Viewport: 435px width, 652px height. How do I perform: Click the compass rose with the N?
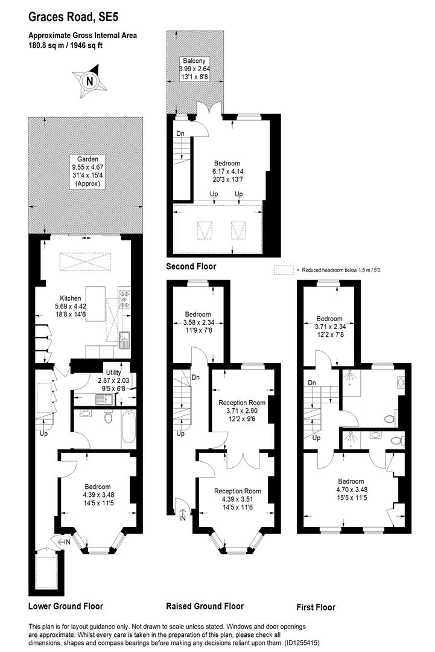pyautogui.click(x=89, y=81)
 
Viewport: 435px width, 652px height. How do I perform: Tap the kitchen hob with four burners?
pyautogui.click(x=125, y=299)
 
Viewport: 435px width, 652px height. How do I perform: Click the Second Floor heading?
pyautogui.click(x=191, y=266)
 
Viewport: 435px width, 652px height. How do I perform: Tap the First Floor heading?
pyautogui.click(x=316, y=607)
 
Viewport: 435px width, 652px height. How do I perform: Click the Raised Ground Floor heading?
pyautogui.click(x=205, y=606)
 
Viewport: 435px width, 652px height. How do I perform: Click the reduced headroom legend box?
pyautogui.click(x=282, y=269)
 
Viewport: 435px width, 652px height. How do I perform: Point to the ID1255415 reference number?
pyautogui.click(x=311, y=644)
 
